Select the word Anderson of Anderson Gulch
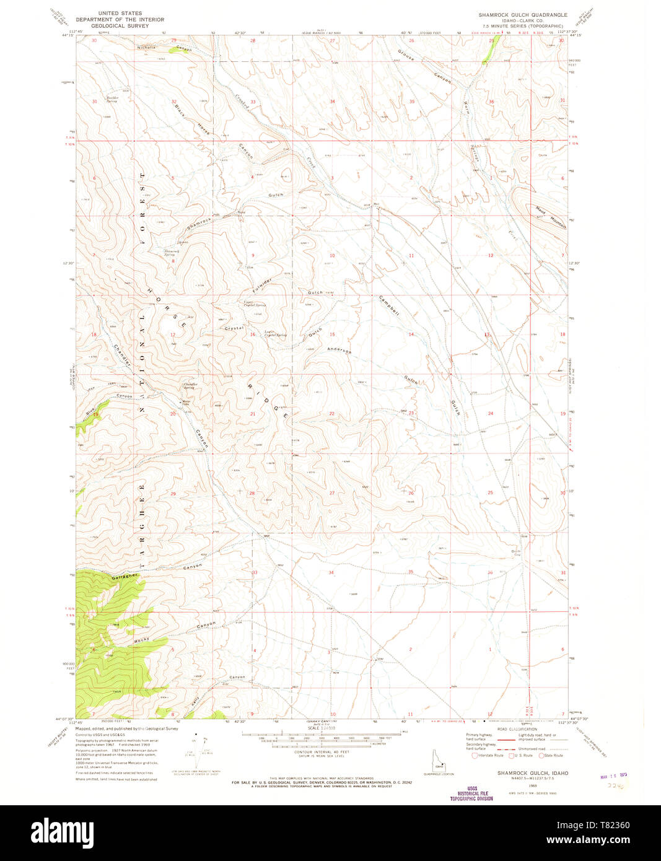coord(339,350)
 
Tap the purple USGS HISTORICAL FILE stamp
coord(471,794)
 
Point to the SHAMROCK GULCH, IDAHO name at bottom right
coord(533,773)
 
